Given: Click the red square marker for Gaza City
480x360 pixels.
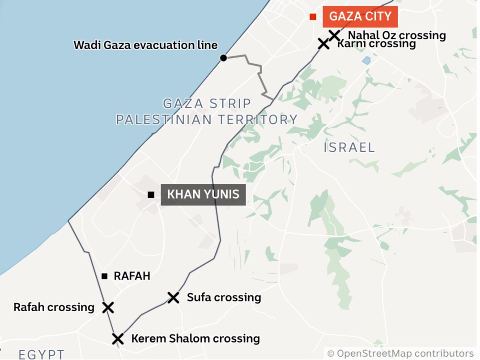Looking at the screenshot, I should click(x=313, y=17).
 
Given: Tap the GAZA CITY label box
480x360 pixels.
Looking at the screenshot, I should click(x=360, y=17).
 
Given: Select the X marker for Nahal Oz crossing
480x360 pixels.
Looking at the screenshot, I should click(x=334, y=35).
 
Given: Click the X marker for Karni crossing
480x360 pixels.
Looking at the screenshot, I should click(x=323, y=44).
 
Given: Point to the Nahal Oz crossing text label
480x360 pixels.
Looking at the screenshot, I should click(x=397, y=35).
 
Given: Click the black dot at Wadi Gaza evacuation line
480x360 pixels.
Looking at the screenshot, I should click(x=223, y=58).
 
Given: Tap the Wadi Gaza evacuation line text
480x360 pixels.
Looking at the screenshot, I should click(x=145, y=45).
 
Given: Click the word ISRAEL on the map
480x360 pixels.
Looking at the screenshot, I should click(x=349, y=147).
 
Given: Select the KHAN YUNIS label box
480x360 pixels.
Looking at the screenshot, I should click(x=203, y=195).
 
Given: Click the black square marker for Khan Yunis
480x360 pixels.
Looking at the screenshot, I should click(x=151, y=195).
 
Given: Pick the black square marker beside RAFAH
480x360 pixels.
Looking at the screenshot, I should click(x=104, y=276).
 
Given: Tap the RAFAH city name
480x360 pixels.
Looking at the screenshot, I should click(x=132, y=276).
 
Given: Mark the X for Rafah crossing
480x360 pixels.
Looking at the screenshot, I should click(x=108, y=307).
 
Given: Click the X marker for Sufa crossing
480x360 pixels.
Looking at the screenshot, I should click(x=174, y=297).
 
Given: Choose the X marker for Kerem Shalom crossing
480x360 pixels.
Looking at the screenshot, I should click(x=117, y=339).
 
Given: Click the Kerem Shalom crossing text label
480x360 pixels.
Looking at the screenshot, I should click(x=195, y=339).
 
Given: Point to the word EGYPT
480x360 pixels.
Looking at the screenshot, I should click(x=41, y=355).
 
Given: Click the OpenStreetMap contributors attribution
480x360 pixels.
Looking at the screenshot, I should click(x=400, y=353).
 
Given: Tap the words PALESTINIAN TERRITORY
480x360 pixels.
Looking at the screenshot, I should click(x=207, y=119).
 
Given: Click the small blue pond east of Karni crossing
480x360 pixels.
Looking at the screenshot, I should click(x=366, y=60).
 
